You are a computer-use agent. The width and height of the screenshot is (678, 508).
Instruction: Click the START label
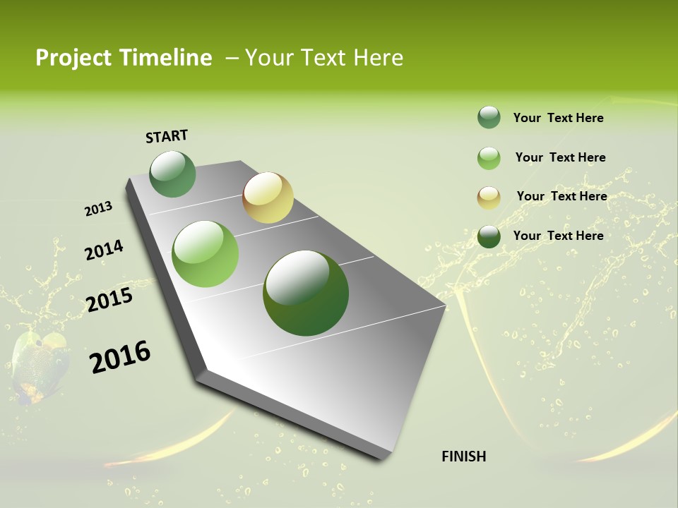tap(167, 136)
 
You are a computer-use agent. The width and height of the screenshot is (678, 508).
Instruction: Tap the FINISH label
tap(463, 456)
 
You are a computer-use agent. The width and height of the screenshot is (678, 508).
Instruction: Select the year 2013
tap(98, 209)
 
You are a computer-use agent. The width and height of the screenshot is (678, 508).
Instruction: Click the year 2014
tap(104, 250)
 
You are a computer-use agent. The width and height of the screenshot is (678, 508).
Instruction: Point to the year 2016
tap(120, 356)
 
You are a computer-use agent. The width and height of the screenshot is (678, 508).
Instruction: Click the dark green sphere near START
tap(173, 174)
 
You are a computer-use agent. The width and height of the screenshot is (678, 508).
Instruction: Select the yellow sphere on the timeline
tap(268, 198)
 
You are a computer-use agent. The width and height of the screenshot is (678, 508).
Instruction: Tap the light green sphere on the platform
tap(206, 254)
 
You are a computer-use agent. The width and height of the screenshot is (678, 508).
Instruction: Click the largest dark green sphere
tap(306, 293)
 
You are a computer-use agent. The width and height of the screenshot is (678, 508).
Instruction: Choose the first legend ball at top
tap(489, 118)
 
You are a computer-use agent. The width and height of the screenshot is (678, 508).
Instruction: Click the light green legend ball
tap(489, 158)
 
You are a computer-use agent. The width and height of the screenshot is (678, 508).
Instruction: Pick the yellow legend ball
tap(489, 198)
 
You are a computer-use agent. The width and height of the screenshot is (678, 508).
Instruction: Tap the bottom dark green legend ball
tap(489, 236)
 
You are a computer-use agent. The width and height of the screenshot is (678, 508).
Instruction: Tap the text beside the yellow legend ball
tap(561, 196)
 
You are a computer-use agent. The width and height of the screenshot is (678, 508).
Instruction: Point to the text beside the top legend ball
tap(558, 118)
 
